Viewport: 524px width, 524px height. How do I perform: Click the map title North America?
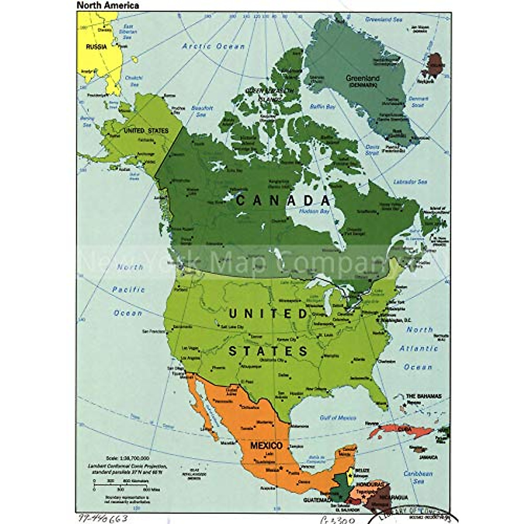click(x=108, y=6)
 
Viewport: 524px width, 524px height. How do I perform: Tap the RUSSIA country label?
click(x=96, y=47)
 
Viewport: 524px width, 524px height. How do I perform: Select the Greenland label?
click(x=362, y=79)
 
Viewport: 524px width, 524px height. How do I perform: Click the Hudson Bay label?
click(x=314, y=211)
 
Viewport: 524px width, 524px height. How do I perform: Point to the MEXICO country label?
click(x=266, y=446)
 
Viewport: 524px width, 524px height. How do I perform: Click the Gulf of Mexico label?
click(x=338, y=418)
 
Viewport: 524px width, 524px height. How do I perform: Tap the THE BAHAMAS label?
click(x=424, y=396)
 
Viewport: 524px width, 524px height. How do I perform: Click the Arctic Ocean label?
click(x=214, y=46)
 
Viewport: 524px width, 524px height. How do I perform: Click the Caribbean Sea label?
click(x=418, y=477)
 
